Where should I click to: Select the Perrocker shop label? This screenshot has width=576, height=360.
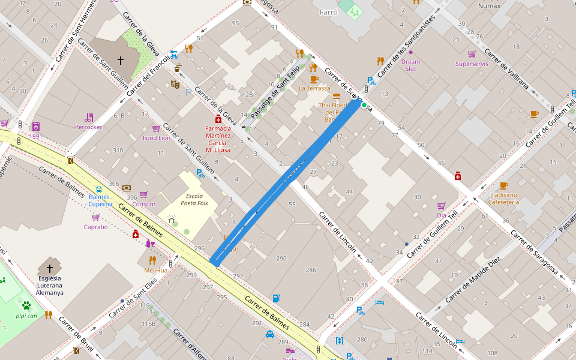[x=88, y=127]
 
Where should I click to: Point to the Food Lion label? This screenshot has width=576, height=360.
[x=157, y=138]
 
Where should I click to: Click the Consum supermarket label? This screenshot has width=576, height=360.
[x=143, y=204]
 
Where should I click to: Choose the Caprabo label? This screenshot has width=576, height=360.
[x=95, y=227]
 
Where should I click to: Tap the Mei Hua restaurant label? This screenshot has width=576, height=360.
[x=155, y=270]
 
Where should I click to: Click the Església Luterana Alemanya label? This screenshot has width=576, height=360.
[x=49, y=285]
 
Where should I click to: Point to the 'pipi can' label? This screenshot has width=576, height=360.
[x=26, y=315]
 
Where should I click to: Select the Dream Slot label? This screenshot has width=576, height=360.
[x=410, y=65]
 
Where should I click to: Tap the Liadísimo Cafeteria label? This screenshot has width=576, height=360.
[x=503, y=199]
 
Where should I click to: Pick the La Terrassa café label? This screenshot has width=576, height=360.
[x=314, y=88]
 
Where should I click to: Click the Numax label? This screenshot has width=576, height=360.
[x=488, y=6]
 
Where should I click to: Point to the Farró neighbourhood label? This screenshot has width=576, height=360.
[x=329, y=12]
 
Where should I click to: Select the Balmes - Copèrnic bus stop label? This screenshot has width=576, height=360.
[x=100, y=200]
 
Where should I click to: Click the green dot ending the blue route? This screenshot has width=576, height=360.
[x=364, y=105]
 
